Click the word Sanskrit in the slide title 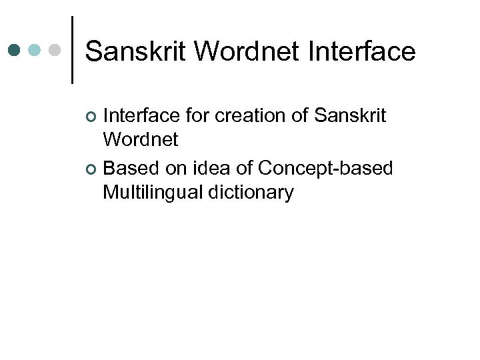[136, 51]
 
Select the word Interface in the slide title [362, 51]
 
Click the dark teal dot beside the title [15, 50]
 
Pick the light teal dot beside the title [35, 50]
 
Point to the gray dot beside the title [55, 50]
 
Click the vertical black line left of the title [72, 50]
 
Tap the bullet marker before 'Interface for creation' [92, 117]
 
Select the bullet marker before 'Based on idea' [92, 169]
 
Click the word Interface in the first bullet [141, 116]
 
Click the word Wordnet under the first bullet [141, 140]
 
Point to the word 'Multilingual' [152, 193]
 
